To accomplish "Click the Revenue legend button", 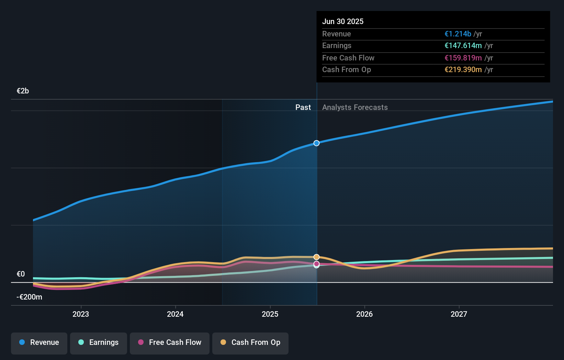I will (39, 342).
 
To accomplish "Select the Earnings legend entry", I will (99, 342).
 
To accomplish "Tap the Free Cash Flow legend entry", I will (170, 342).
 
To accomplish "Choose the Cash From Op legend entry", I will (250, 342).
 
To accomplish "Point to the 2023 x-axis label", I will (81, 314).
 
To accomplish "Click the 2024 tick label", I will (175, 314).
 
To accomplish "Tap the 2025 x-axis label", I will (270, 314).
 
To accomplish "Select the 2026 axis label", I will (364, 314).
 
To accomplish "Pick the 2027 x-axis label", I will (459, 314).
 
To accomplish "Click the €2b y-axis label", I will (23, 91).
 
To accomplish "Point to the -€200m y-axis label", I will (30, 297).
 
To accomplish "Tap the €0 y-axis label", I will (21, 274).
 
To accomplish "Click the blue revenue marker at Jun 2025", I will (316, 143).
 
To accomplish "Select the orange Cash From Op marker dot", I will (316, 257).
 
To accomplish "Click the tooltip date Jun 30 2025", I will (343, 22).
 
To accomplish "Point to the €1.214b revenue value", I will (458, 34).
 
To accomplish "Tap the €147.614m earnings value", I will (463, 46).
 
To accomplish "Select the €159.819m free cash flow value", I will (463, 58).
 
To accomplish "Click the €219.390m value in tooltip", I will (463, 70).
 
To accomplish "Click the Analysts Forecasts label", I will (355, 108).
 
